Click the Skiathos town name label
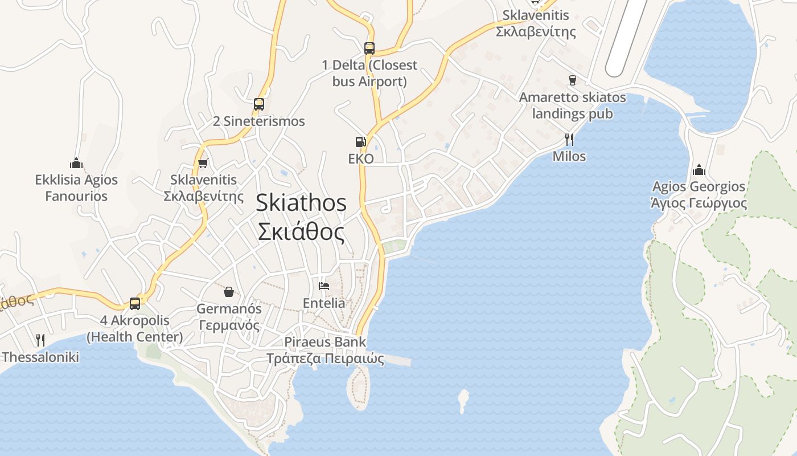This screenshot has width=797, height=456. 301,217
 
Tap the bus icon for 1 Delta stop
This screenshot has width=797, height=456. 369,48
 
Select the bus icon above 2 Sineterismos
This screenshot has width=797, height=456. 259,104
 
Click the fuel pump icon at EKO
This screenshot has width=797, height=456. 360,141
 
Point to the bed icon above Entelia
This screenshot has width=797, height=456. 324,286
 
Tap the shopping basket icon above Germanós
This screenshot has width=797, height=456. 228,292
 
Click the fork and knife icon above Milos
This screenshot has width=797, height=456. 569,139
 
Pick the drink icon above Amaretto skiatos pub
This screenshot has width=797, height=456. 573,80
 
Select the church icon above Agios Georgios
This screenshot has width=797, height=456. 699,170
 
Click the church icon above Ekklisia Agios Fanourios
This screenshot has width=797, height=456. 76,163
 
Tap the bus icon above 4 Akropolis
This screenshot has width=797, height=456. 135,303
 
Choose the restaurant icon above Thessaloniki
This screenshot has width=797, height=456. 40,340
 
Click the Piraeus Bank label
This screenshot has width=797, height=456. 326,350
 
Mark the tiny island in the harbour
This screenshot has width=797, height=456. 463,400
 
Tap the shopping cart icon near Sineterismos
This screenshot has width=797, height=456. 203,163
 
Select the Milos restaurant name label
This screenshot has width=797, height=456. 569,156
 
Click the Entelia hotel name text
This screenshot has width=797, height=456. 324,303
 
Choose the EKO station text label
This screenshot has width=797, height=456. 361,158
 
